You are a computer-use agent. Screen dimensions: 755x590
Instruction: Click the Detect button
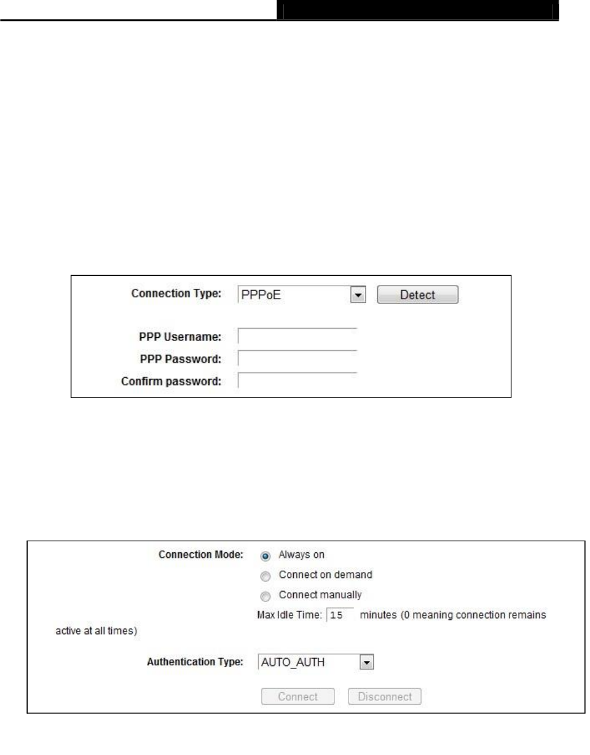pos(418,295)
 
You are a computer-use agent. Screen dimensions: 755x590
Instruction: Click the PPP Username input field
pos(297,337)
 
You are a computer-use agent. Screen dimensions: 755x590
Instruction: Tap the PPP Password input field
pos(297,359)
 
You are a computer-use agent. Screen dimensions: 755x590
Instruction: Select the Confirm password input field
pos(297,381)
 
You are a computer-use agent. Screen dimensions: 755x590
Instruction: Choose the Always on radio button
pos(265,555)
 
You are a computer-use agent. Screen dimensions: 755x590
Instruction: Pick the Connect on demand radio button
pos(265,576)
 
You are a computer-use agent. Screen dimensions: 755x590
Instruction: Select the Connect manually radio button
pos(265,595)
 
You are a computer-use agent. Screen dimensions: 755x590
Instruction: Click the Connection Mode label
pos(201,555)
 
